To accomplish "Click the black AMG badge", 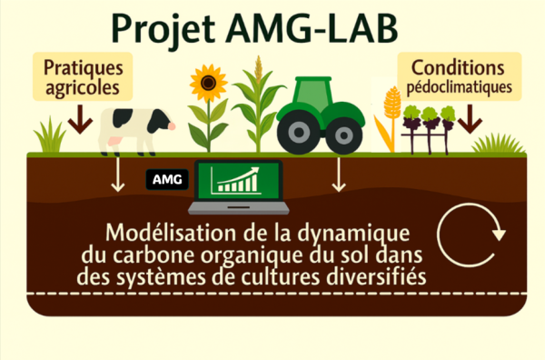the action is click(x=167, y=179).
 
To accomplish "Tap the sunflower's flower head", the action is click(x=208, y=83).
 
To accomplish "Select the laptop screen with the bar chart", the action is click(x=238, y=181).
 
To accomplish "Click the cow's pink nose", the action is click(x=172, y=126).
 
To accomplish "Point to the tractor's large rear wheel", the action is click(x=299, y=133).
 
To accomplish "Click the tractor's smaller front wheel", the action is click(x=344, y=135).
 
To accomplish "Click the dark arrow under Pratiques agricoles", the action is click(x=80, y=119).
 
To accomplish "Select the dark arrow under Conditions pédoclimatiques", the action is click(x=470, y=119).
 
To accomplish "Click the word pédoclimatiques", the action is click(x=459, y=87).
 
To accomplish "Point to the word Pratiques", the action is click(x=84, y=68).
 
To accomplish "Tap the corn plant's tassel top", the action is click(x=258, y=68).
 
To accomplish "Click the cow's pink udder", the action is click(x=114, y=141).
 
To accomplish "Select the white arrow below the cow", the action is click(x=118, y=175).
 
